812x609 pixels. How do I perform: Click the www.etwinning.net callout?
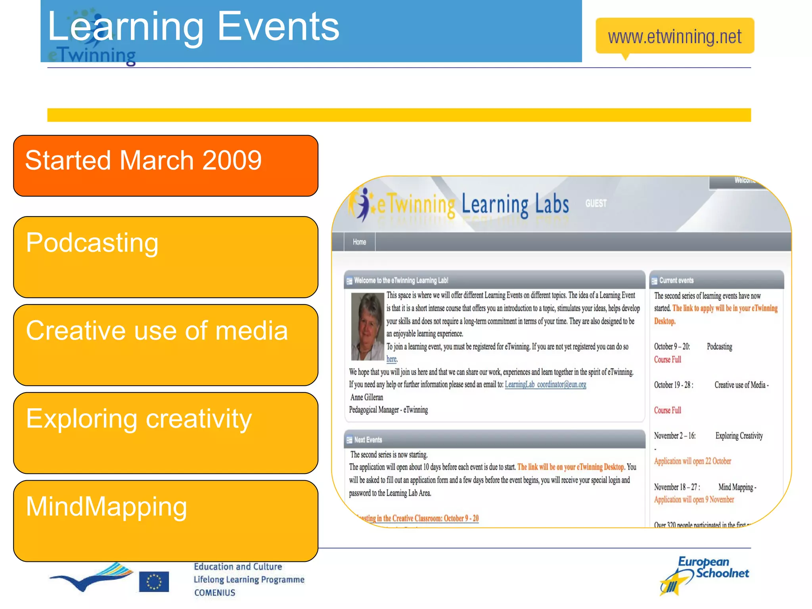click(x=674, y=36)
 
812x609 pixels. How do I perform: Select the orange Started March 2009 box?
click(x=166, y=165)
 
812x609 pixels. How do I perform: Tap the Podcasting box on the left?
click(x=166, y=257)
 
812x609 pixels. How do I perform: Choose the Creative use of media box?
click(x=166, y=345)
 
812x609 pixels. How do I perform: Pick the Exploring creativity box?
click(x=166, y=433)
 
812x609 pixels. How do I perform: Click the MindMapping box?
click(x=166, y=521)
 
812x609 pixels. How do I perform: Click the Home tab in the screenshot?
click(x=359, y=242)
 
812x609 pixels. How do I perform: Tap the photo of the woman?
click(x=367, y=326)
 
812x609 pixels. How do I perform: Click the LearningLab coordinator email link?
click(x=545, y=384)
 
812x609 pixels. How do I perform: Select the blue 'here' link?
click(x=391, y=359)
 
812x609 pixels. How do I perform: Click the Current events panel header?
click(x=716, y=280)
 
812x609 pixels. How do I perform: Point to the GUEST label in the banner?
click(x=596, y=203)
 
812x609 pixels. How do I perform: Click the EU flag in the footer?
click(x=154, y=582)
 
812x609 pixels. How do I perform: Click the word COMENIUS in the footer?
click(x=214, y=593)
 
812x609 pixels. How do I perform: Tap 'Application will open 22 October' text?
click(x=692, y=461)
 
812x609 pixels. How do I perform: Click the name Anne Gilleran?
click(x=367, y=397)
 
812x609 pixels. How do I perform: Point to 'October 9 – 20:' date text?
click(x=672, y=347)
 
